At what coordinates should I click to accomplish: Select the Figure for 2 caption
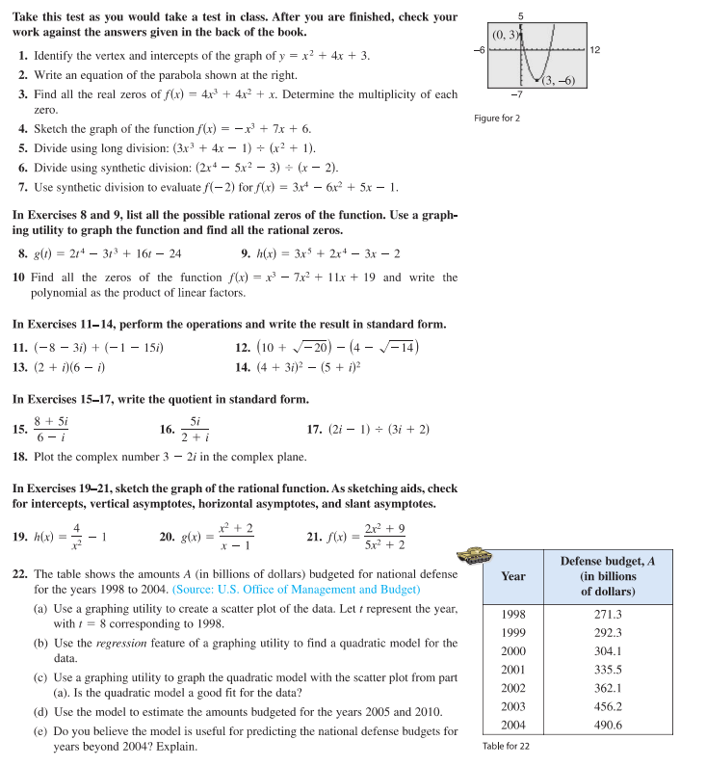(497, 118)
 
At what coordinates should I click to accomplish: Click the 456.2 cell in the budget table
(608, 706)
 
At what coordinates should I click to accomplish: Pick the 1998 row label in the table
(513, 614)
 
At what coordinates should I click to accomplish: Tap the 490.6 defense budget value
(608, 725)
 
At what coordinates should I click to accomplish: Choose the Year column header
(513, 576)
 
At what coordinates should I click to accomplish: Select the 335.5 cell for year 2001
(608, 670)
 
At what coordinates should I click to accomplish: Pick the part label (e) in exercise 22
(41, 731)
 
